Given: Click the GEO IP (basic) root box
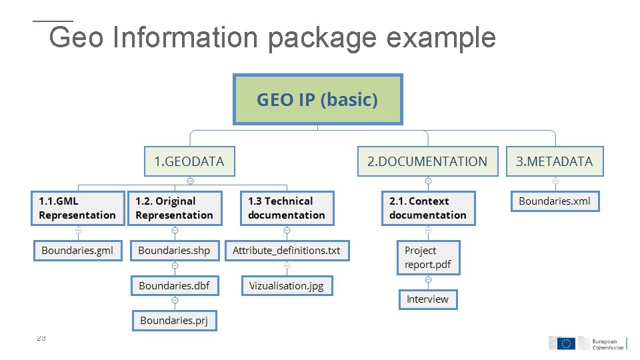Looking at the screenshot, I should [x=317, y=99].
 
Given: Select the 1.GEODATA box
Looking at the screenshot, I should [x=189, y=161].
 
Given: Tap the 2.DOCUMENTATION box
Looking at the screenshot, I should [x=427, y=161].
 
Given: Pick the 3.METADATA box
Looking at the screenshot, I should [x=554, y=161].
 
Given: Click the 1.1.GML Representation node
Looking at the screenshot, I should [x=77, y=208].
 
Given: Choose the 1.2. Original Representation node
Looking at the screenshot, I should [x=174, y=208].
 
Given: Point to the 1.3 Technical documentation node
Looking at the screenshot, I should [x=287, y=208].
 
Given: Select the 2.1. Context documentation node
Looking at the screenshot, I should [x=428, y=208].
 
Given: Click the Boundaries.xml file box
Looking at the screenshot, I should [x=555, y=201].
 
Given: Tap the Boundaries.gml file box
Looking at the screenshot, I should [x=77, y=251].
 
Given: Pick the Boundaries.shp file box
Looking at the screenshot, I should [x=174, y=251].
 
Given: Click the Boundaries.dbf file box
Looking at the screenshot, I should [x=174, y=285].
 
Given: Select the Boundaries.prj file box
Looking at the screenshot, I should [x=174, y=321].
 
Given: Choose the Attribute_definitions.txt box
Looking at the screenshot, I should [x=287, y=251].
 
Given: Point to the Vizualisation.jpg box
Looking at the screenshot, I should [x=287, y=285].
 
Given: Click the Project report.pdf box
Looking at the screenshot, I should [x=428, y=257].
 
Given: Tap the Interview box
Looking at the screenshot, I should [x=428, y=299].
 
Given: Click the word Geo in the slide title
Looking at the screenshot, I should [x=75, y=38].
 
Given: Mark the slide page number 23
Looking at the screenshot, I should [x=41, y=339].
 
